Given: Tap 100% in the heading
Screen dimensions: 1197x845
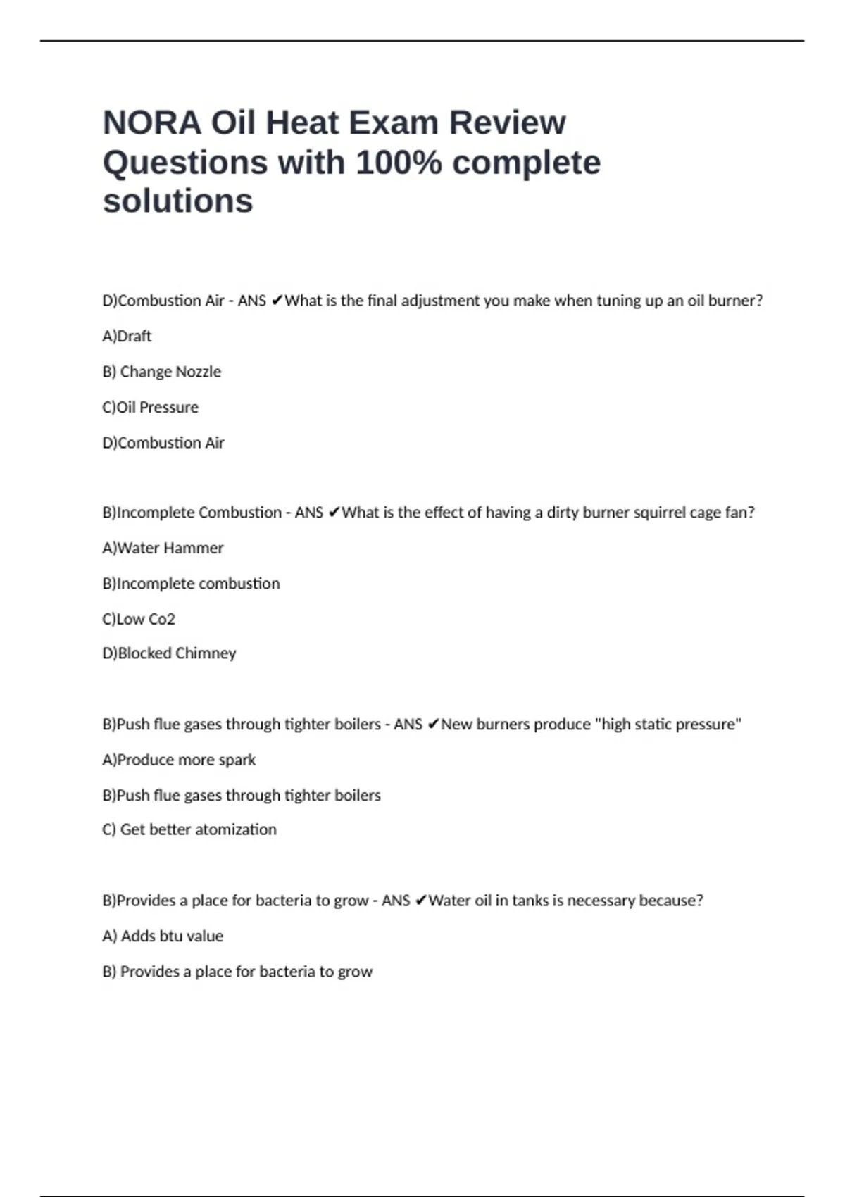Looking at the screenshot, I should click(x=399, y=163).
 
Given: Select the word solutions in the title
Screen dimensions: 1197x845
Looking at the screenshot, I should click(x=177, y=201).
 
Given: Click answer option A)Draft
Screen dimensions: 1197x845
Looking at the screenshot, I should click(x=127, y=337).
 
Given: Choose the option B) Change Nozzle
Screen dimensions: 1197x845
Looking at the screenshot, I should click(x=161, y=372).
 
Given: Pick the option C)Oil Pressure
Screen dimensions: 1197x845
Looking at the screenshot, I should click(x=150, y=408).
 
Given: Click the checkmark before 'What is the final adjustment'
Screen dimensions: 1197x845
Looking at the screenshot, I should click(x=277, y=301).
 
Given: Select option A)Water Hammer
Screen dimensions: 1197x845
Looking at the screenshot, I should click(x=163, y=549).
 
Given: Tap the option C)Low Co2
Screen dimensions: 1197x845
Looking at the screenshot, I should click(x=138, y=620).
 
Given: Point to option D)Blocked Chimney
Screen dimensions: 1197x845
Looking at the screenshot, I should click(x=169, y=653).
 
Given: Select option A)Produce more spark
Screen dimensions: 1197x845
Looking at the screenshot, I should click(x=179, y=760).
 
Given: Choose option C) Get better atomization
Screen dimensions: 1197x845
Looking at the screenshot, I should click(x=189, y=830).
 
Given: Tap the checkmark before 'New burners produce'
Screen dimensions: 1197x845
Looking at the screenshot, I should click(x=433, y=725).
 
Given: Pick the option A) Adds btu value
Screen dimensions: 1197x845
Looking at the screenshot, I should click(x=163, y=936).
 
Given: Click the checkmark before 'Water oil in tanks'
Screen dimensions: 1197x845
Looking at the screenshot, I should click(x=420, y=901).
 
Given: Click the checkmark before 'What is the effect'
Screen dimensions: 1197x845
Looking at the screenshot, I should click(x=334, y=513).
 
